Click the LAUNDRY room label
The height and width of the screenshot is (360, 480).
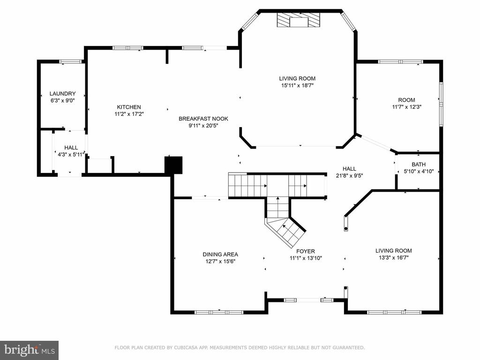62,94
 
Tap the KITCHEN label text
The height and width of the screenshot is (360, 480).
129,107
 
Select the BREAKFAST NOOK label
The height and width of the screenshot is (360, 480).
203,119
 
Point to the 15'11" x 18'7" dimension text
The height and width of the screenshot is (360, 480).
298,86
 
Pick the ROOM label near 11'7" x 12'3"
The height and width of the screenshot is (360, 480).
406,100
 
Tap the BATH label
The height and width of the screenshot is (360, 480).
419,165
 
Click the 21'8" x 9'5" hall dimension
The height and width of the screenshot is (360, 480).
349,176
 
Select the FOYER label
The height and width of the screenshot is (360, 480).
306,251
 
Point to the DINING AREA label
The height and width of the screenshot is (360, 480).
220,255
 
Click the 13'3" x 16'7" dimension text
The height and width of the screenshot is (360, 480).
394,258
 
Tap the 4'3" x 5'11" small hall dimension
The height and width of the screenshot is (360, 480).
71,155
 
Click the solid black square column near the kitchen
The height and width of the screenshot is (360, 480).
173,165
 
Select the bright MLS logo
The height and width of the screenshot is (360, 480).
30,350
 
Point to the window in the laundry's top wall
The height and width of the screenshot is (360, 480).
71,61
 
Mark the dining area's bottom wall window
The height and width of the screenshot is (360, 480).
219,312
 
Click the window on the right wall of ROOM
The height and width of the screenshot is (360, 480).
441,104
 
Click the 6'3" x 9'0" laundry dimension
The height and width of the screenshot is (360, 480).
62,100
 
